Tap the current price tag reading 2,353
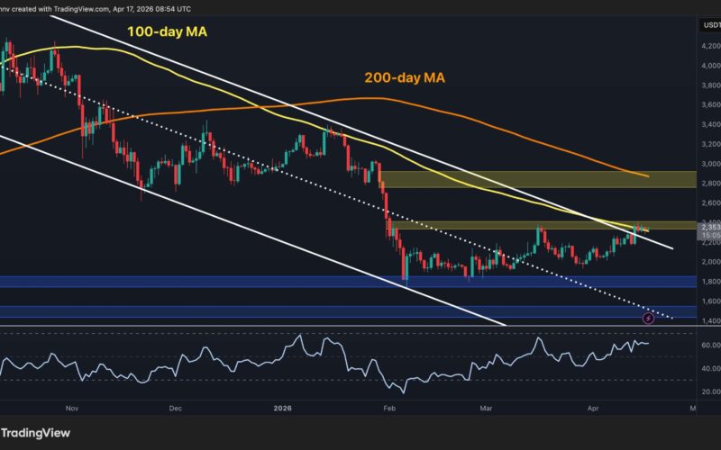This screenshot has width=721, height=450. coord(708,228)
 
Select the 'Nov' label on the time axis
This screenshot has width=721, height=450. coord(74,408)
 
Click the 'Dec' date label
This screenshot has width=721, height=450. coord(175,408)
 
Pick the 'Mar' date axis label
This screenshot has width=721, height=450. coord(488,408)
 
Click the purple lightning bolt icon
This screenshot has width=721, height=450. coord(647,317)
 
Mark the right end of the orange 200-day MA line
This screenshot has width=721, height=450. coord(649,176)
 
